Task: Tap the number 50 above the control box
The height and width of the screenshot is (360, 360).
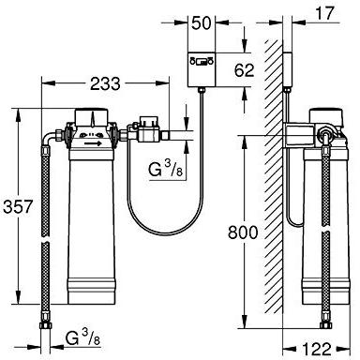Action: [200, 21]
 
